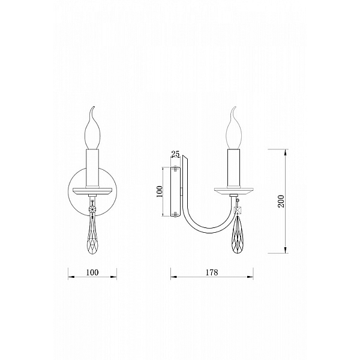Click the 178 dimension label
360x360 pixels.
coord(211,272)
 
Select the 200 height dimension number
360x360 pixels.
coord(281,202)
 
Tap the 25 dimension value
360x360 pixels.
coord(175,154)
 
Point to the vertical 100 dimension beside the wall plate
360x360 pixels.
coord(160,191)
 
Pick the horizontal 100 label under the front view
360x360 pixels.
coord(92,272)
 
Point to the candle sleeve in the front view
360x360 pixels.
coord(92,169)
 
